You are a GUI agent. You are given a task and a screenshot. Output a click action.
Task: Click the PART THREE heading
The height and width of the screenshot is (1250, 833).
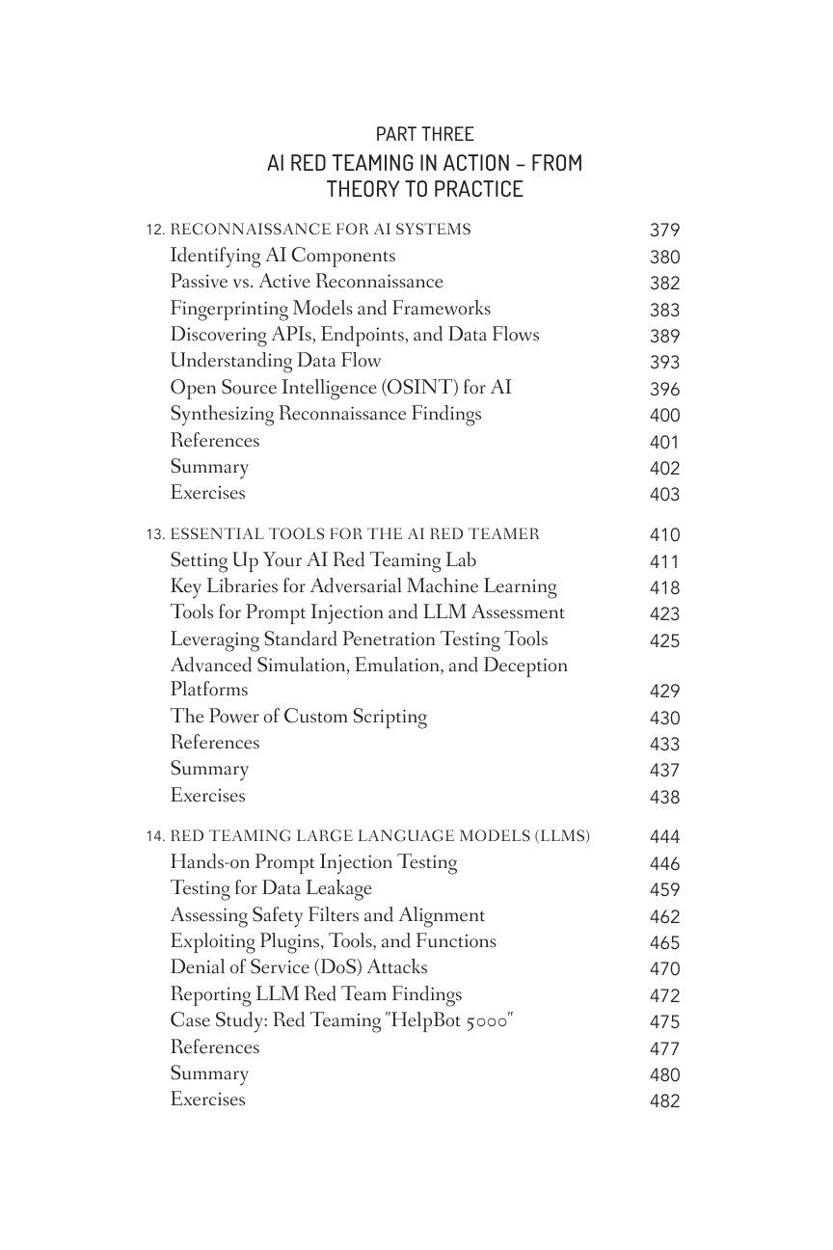(x=424, y=134)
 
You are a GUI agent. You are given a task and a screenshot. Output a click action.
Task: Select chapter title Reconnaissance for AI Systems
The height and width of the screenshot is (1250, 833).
(x=320, y=230)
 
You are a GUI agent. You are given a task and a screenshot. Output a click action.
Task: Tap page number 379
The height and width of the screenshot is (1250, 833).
(x=664, y=231)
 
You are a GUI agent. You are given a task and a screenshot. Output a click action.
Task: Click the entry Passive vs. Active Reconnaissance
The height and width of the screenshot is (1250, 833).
(x=307, y=282)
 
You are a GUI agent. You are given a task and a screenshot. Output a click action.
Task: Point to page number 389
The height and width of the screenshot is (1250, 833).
(x=664, y=336)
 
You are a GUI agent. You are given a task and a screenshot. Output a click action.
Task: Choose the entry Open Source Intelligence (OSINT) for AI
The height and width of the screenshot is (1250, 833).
(x=340, y=388)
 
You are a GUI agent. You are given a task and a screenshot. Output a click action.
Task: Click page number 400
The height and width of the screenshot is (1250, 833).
(x=664, y=416)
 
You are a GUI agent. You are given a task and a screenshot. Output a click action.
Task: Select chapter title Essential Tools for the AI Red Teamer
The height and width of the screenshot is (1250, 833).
(x=354, y=534)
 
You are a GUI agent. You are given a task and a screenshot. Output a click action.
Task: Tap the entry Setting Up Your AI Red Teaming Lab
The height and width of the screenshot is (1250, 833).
(x=323, y=560)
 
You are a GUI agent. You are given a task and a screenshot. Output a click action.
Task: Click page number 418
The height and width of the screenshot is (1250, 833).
(x=664, y=587)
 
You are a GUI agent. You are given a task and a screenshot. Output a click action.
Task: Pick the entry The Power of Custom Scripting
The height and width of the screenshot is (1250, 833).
(x=298, y=717)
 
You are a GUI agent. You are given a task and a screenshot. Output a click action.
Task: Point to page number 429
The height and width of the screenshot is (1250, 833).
(x=664, y=692)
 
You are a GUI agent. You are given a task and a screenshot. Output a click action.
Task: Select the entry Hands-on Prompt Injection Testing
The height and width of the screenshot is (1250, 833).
(x=313, y=862)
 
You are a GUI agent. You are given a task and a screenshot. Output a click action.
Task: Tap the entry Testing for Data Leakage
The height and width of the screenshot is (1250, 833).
(x=271, y=888)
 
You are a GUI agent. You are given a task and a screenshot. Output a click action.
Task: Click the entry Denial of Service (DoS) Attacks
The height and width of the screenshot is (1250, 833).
(x=298, y=967)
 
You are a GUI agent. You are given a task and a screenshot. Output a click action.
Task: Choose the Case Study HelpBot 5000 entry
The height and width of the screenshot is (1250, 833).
(x=341, y=1020)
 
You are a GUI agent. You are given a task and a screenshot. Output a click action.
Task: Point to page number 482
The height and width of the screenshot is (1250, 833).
(x=664, y=1101)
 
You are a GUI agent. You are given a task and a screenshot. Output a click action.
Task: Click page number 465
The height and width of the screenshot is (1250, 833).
(x=664, y=943)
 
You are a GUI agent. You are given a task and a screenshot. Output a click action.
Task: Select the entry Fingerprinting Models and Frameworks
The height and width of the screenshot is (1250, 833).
(x=330, y=309)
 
